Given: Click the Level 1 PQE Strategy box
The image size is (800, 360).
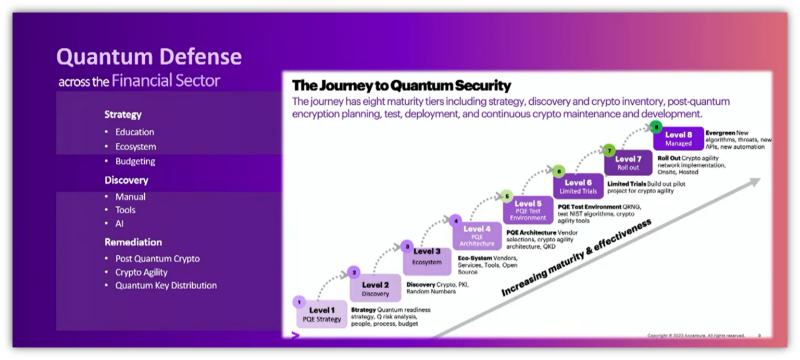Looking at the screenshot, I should coord(322,314).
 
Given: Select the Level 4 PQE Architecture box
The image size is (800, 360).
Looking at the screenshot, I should coord(477,235).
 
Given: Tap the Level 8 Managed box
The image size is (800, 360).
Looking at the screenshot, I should coord(678,139).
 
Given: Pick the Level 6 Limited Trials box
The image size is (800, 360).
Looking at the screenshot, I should coord(578,187).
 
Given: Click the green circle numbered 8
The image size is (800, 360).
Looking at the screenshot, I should coord(657,126).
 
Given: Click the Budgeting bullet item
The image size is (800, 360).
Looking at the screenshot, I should coord(135,162).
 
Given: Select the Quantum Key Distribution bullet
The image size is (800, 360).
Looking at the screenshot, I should coord(166,285).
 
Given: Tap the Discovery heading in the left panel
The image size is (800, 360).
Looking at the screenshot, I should coord(126,180).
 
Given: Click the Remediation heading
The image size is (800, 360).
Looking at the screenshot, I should coord(133,242).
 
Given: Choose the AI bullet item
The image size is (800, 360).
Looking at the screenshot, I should coord(119,224).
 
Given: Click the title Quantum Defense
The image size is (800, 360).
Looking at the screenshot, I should coord(149,57).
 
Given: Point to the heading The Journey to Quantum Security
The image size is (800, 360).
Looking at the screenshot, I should coord(402,85).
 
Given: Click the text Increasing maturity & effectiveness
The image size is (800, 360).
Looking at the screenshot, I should coord(576,258).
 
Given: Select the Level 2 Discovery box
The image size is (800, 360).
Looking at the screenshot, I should coord(376,289).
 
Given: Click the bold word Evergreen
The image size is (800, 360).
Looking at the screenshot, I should coord(720,133).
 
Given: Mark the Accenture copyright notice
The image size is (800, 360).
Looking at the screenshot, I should coord(696,336).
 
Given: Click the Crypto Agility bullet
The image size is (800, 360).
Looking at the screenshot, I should coord(141,272).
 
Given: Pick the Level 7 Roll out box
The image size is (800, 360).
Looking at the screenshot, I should coord(628,163).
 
